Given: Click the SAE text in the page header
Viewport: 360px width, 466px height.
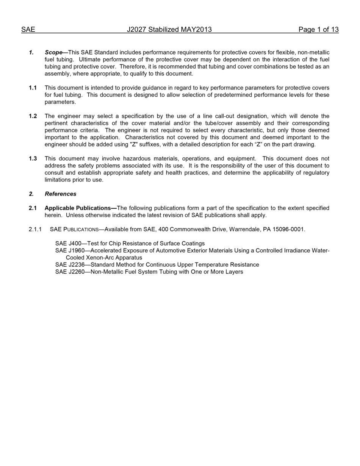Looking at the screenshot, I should coord(28,30).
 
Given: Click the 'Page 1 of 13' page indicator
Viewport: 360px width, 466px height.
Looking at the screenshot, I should coord(318,30).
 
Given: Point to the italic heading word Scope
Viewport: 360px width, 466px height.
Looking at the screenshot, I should coord(53,52).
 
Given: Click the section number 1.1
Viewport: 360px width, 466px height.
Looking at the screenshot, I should coord(33,88).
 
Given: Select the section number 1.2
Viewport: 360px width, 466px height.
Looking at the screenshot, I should coord(33,116).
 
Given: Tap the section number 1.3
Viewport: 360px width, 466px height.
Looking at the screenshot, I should coord(33,159).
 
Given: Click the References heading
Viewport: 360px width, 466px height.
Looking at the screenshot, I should coord(60,194).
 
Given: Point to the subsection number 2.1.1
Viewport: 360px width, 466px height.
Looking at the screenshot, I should coord(35,229).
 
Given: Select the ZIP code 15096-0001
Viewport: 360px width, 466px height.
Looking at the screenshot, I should coord(289,229).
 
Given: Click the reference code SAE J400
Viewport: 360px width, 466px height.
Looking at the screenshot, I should coord(68,244).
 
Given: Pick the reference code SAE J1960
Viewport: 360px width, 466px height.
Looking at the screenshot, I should coord(70,251).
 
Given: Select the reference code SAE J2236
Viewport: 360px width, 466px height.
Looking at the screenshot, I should coord(70,265).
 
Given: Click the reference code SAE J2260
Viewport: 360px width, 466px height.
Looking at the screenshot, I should coord(70,272).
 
